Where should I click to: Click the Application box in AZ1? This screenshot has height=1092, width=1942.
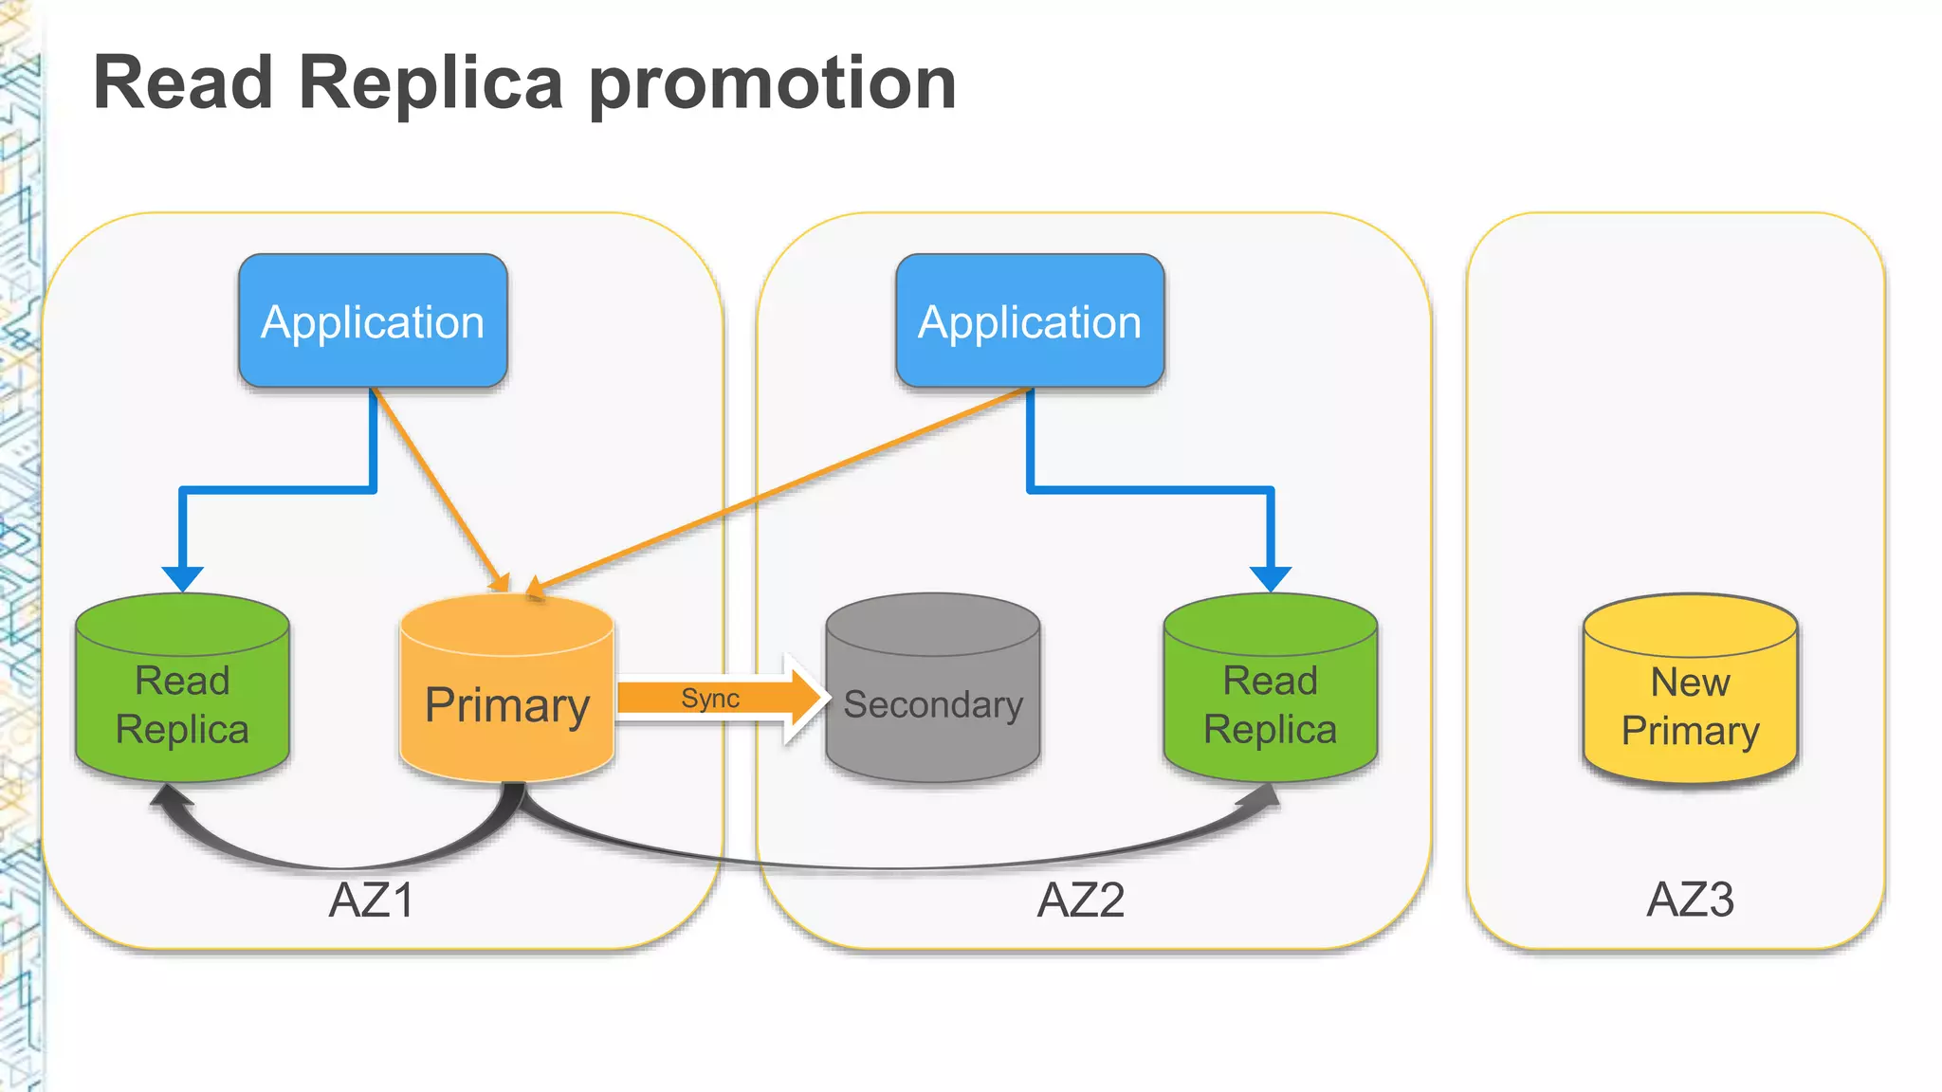click(373, 321)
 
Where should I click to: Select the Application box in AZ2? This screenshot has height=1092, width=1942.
click(1030, 321)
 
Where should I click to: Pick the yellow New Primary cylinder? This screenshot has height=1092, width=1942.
click(1690, 706)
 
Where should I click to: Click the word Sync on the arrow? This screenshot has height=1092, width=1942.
click(710, 699)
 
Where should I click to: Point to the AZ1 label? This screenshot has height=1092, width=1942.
click(372, 900)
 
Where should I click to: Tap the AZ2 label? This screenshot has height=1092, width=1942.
click(1081, 900)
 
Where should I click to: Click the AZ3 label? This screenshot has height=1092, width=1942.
click(1690, 900)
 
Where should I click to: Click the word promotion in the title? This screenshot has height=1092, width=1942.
click(773, 83)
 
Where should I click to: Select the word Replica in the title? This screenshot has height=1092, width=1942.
click(431, 83)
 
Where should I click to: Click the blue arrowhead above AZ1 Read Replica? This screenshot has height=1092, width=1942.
click(182, 577)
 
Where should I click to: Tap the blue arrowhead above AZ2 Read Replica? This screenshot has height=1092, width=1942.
click(1270, 577)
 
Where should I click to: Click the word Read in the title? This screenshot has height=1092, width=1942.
click(184, 83)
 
